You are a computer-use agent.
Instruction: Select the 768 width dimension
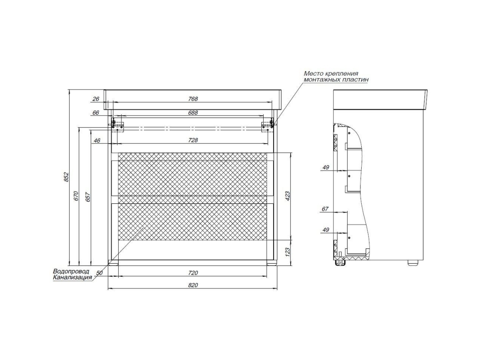(193, 99)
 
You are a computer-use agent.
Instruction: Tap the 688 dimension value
(193, 112)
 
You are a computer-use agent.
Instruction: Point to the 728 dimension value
(193, 140)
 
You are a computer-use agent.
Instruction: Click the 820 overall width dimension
(193, 285)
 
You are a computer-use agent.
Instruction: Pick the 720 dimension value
(193, 273)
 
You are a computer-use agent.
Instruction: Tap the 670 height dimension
(76, 196)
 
